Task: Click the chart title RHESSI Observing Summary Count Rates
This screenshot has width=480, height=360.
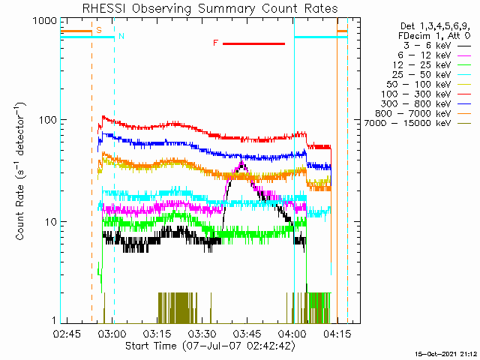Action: [x=210, y=8]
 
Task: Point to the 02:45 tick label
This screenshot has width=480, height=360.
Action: [x=67, y=334]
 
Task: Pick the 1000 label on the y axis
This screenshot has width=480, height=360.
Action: [x=45, y=20]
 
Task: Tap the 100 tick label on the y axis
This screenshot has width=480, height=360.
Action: [x=47, y=119]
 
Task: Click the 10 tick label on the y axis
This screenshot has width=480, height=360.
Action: [x=51, y=222]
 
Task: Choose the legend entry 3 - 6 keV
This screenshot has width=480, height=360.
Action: [x=427, y=46]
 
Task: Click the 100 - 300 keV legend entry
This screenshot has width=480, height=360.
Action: [x=416, y=94]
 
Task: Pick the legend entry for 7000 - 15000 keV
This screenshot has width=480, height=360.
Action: [x=408, y=123]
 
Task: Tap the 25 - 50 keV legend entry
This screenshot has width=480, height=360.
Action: [x=421, y=75]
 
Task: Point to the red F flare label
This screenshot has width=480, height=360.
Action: [x=216, y=43]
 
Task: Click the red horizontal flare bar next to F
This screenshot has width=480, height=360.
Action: [x=253, y=43]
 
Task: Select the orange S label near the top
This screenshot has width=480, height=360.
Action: [x=99, y=30]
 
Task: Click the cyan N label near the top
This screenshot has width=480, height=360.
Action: [x=121, y=36]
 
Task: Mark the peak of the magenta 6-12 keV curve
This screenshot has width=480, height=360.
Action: [x=242, y=161]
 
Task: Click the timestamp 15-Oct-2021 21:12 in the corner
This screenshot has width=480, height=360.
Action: [x=446, y=355]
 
